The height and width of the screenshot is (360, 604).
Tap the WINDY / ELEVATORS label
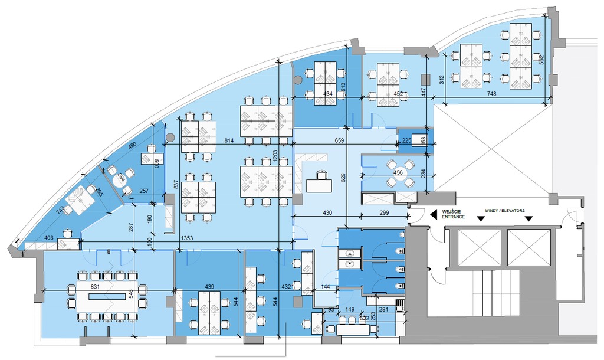coord(504,210)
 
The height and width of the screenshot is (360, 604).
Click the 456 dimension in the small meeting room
coord(399,172)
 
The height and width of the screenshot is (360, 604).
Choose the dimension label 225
coord(406,140)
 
